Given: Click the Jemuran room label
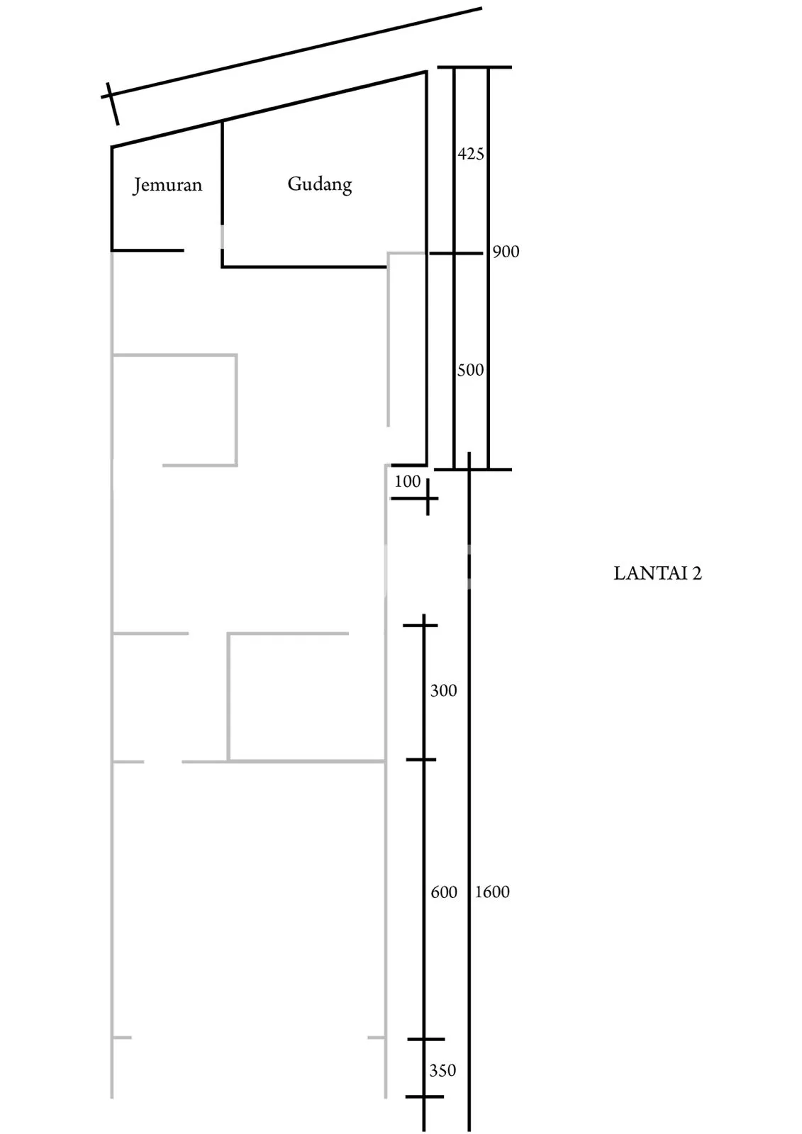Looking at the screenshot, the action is [167, 185].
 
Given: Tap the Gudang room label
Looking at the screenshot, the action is [320, 184].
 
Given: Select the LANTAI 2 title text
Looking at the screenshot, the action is [657, 573].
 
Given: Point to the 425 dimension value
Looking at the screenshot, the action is [471, 153].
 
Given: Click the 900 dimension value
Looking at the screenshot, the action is [506, 252].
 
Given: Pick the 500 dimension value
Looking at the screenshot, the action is [470, 370].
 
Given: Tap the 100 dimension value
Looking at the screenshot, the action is [407, 481].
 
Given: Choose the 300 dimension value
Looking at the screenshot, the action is [443, 690].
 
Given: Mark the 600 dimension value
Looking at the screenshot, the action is [444, 892].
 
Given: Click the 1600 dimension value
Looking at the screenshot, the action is [492, 892].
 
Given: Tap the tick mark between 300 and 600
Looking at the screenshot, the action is [421, 759].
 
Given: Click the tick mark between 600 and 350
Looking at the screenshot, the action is [425, 1039].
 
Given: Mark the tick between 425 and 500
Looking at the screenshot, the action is [456, 253].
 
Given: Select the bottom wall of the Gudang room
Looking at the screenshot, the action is [304, 266].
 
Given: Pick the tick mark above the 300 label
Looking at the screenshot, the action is [420, 626].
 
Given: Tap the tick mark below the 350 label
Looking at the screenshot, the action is [425, 1096].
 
